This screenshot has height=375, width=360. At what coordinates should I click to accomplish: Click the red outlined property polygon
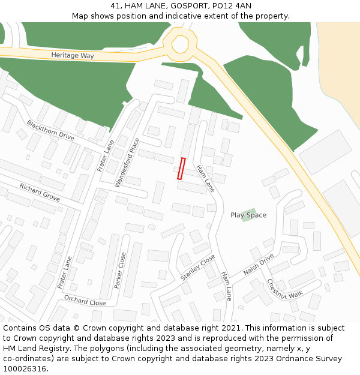click(181, 169)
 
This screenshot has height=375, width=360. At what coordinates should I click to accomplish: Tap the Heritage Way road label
click(73, 55)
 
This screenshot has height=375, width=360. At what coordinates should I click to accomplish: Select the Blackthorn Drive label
click(50, 130)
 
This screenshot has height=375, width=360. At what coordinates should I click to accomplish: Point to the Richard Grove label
click(40, 192)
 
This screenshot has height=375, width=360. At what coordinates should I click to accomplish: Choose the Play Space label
click(248, 215)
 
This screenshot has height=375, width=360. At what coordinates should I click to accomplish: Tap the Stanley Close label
click(197, 268)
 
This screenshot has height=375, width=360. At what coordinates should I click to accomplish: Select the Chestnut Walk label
click(285, 289)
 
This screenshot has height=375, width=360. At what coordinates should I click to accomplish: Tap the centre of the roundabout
click(181, 43)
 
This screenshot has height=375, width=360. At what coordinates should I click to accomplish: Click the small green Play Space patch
click(248, 214)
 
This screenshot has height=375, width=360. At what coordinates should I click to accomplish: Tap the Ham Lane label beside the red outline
click(205, 178)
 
